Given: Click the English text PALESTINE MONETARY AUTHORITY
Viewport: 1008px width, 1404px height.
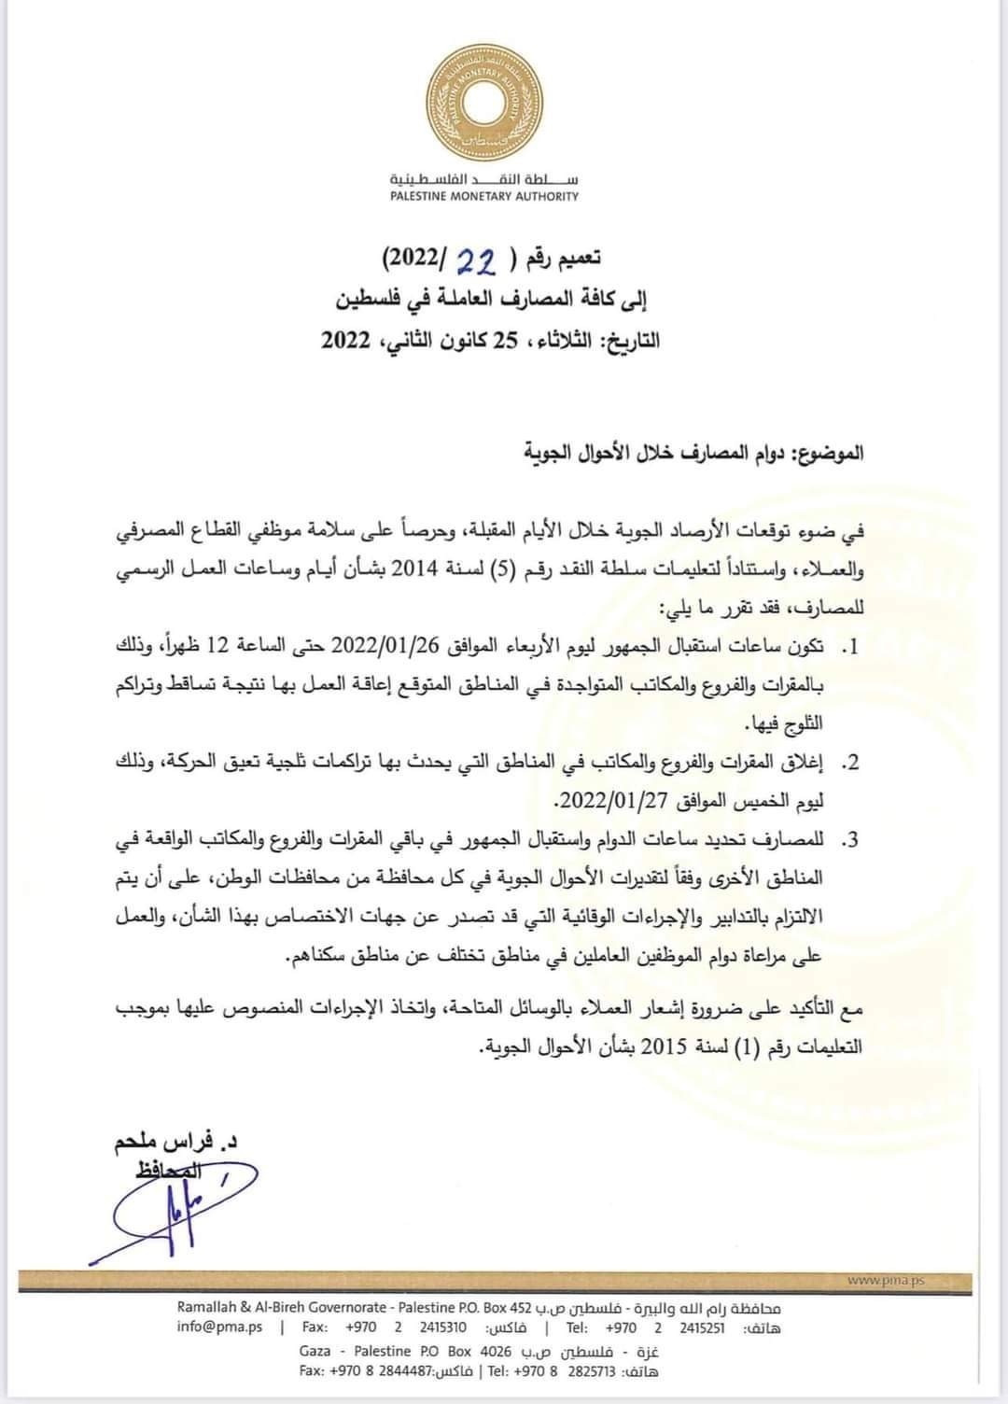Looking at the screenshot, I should (x=483, y=197).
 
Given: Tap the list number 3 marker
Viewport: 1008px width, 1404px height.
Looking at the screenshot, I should (x=849, y=840).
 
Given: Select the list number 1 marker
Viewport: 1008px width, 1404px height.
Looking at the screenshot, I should (x=849, y=647).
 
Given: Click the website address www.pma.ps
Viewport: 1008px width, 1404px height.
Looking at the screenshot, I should (x=885, y=1281).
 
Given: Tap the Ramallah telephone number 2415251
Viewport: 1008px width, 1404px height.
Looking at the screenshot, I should (x=702, y=1328).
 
